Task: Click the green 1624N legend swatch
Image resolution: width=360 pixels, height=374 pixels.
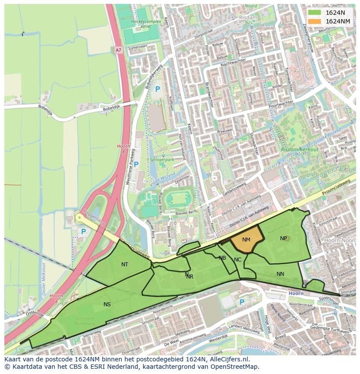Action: pyautogui.click(x=314, y=13)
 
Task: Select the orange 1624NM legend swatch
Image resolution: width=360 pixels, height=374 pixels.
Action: pyautogui.click(x=314, y=21)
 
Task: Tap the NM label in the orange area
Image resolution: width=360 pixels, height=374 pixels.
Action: pyautogui.click(x=246, y=240)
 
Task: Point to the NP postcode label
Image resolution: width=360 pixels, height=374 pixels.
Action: pyautogui.click(x=283, y=238)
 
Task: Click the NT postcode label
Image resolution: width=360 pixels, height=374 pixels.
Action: pyautogui.click(x=125, y=264)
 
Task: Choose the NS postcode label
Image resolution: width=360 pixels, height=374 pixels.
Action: pyautogui.click(x=107, y=304)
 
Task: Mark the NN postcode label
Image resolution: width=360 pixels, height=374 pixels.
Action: pyautogui.click(x=280, y=274)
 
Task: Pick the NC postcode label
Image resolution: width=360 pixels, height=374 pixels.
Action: pyautogui.click(x=237, y=260)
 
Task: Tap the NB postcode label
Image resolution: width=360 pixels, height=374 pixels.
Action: pyautogui.click(x=222, y=258)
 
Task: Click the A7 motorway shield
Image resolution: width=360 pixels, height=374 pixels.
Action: pyautogui.click(x=119, y=50)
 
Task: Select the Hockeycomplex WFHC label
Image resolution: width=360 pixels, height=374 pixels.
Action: pyautogui.click(x=147, y=24)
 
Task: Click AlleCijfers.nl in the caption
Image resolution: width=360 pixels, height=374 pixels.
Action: pyautogui.click(x=233, y=359)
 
